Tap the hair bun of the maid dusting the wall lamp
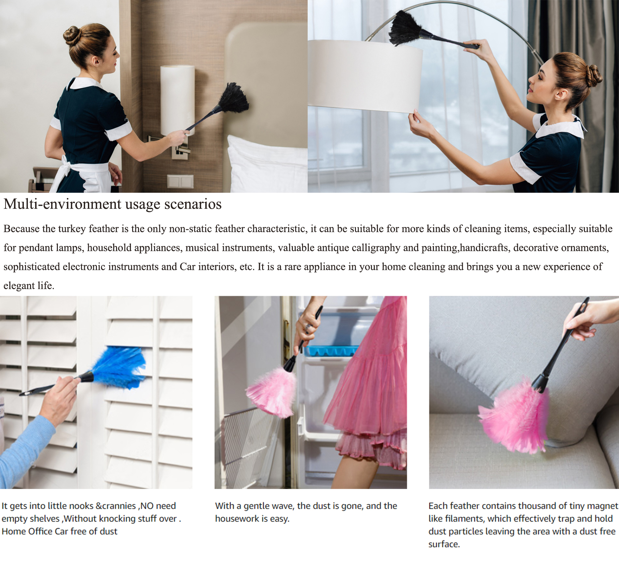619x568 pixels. [72, 35]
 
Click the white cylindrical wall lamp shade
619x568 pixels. [177, 99]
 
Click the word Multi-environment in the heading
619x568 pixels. [62, 204]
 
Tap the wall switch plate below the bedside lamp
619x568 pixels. [180, 181]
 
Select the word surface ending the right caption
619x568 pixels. [444, 544]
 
